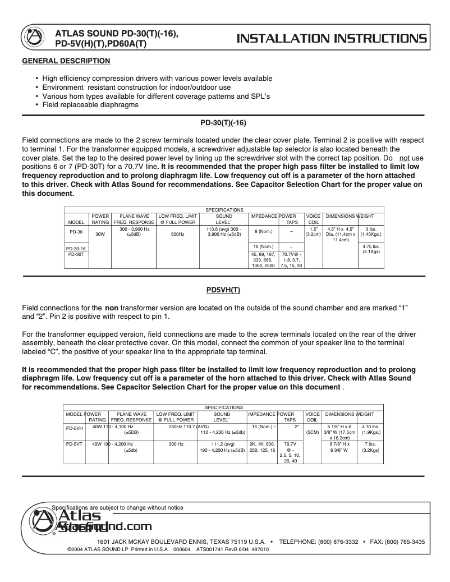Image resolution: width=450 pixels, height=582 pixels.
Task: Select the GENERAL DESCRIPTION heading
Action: pos(66,61)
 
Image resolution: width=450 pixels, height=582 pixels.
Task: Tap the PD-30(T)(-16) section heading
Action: pos(223,122)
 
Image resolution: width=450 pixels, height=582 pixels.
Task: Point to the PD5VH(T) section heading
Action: pos(223,290)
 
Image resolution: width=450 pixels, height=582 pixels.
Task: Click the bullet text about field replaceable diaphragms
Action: pos(90,104)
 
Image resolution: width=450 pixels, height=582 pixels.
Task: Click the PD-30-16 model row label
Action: pos(76,248)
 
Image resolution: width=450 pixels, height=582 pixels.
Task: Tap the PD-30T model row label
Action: pos(76,254)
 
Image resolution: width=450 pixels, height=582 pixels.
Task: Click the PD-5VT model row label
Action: pos(75,443)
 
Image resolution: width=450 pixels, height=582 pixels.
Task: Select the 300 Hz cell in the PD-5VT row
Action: pos(176,443)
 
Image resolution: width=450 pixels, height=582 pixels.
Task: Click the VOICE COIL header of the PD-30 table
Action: pos(313,219)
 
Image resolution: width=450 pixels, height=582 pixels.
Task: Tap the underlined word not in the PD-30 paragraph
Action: pos(411,158)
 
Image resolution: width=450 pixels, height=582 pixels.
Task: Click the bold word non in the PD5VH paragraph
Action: pos(111,308)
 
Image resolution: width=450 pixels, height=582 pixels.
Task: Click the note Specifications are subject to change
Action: pos(117,507)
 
